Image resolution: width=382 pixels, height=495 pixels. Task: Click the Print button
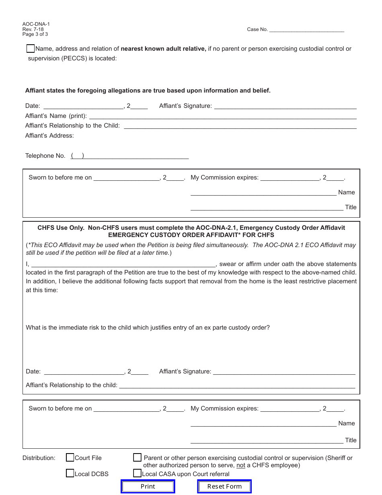pyautogui.click(x=148, y=486)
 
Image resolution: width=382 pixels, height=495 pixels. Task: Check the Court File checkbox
pyautogui.click(x=70, y=458)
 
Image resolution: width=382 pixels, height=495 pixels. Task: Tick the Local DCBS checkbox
pyautogui.click(x=70, y=473)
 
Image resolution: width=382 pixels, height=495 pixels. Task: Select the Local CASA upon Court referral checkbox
pyautogui.click(x=138, y=473)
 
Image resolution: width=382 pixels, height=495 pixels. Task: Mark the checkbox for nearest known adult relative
pyautogui.click(x=30, y=49)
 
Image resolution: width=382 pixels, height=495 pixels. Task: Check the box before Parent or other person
pyautogui.click(x=138, y=458)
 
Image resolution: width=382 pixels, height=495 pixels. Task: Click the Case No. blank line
pyautogui.click(x=306, y=30)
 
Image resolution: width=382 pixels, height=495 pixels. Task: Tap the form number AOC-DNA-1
pyautogui.click(x=36, y=24)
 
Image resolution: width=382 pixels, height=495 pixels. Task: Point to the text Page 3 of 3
pyautogui.click(x=35, y=34)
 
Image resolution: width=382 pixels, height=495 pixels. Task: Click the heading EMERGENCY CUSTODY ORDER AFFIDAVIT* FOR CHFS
pyautogui.click(x=191, y=235)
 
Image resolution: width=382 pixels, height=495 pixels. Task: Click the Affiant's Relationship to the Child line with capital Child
pyautogui.click(x=240, y=126)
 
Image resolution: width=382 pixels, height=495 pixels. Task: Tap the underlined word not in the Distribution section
pyautogui.click(x=240, y=466)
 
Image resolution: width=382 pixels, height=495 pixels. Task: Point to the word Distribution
pyautogui.click(x=39, y=458)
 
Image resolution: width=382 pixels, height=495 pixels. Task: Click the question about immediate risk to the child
pyautogui.click(x=148, y=328)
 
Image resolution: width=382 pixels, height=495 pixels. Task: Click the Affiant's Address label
pyautogui.click(x=49, y=136)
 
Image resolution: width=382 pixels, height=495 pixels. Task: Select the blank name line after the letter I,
pyautogui.click(x=123, y=264)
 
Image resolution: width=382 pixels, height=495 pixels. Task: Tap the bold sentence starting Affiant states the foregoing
pyautogui.click(x=148, y=91)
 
